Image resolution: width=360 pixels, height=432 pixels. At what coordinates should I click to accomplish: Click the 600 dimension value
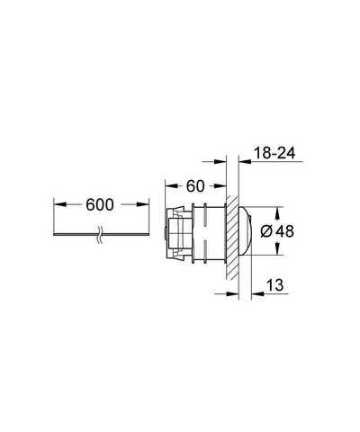coord(100,204)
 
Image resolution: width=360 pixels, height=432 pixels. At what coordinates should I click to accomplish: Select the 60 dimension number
coord(195,186)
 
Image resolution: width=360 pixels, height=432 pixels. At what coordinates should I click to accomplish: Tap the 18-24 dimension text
coord(274,153)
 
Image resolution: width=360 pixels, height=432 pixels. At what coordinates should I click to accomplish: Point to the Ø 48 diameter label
coord(277,231)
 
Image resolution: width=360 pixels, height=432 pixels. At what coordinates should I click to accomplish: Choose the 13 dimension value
coord(274,284)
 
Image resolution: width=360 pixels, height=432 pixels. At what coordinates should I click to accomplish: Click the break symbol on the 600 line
coord(100,234)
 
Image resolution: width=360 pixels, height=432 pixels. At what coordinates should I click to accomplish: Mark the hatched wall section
coord(232,238)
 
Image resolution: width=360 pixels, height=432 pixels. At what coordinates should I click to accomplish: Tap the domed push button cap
coord(245,231)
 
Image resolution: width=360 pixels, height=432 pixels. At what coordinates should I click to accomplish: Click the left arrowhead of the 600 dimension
coord(60,204)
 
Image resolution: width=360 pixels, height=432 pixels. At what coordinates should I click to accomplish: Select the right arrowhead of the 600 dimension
coord(142,204)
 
